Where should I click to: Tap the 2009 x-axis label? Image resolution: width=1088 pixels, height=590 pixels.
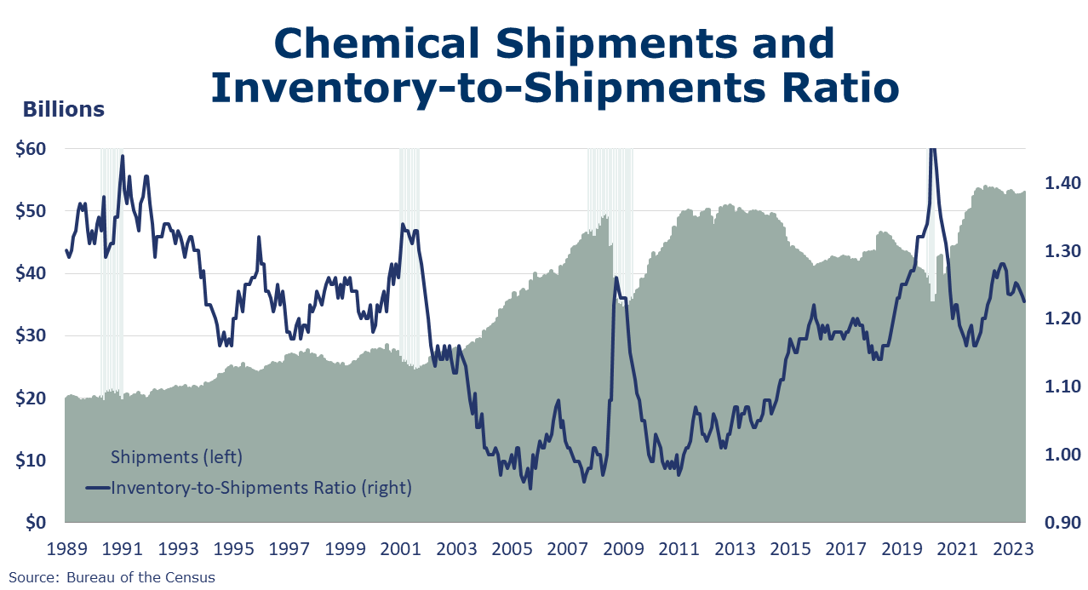pyautogui.click(x=624, y=549)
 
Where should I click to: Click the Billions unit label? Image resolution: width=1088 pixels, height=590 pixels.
pyautogui.click(x=64, y=110)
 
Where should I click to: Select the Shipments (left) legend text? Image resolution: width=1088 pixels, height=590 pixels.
pyautogui.click(x=177, y=457)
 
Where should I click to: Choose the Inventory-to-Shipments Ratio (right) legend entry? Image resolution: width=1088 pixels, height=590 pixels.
pyautogui.click(x=261, y=488)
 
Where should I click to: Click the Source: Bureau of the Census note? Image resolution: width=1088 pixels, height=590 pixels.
pyautogui.click(x=112, y=577)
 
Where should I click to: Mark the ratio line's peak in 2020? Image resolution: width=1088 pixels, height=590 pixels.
pyautogui.click(x=932, y=150)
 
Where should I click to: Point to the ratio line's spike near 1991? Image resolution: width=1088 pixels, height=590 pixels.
pyautogui.click(x=123, y=157)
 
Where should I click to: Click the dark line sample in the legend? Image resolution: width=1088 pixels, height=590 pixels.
pyautogui.click(x=98, y=488)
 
